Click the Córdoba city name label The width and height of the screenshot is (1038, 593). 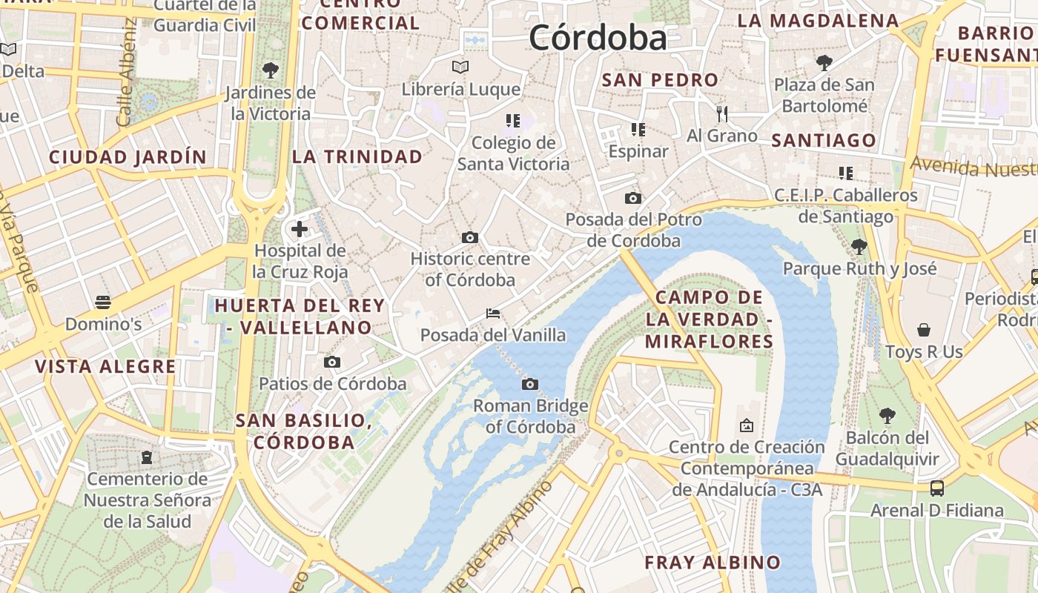click(x=598, y=37)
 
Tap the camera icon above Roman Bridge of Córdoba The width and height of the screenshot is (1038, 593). click(x=529, y=384)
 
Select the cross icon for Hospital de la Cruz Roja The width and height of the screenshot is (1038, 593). click(x=300, y=229)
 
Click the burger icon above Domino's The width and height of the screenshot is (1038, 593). click(x=103, y=302)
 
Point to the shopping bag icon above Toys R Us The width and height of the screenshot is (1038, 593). click(x=924, y=329)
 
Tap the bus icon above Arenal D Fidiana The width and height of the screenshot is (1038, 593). click(x=937, y=488)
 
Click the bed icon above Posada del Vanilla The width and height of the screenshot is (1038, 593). click(x=493, y=314)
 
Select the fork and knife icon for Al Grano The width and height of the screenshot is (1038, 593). click(x=722, y=113)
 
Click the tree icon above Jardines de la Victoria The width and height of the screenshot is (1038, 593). click(x=271, y=70)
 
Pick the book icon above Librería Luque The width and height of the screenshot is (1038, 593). click(x=460, y=67)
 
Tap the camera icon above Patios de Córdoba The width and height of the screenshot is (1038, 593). click(x=332, y=362)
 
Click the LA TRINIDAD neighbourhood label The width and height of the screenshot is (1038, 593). click(x=357, y=156)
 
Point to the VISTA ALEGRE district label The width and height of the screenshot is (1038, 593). click(x=105, y=366)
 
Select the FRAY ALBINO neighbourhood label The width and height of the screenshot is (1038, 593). click(x=712, y=562)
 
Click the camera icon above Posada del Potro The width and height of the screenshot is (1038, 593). click(x=633, y=198)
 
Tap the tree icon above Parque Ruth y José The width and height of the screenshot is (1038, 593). click(x=859, y=246)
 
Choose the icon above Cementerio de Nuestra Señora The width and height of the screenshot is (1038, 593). click(x=147, y=457)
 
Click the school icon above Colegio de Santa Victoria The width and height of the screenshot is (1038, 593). click(x=512, y=120)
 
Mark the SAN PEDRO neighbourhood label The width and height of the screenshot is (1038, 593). click(x=660, y=80)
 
